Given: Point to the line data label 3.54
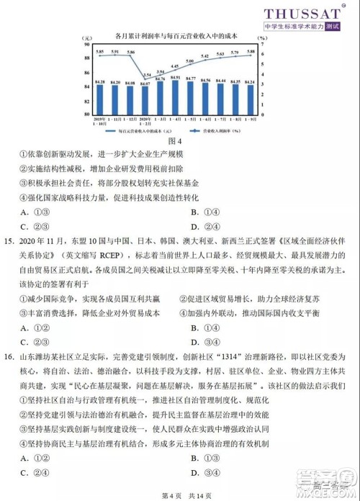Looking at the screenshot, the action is [147, 74].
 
